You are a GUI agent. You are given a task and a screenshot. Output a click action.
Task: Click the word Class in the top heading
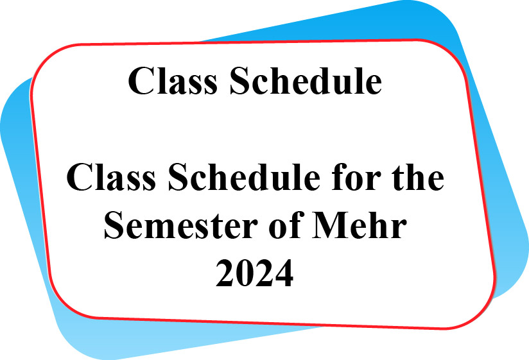tap(173, 81)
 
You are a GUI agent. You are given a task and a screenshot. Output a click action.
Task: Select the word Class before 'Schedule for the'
tap(111, 177)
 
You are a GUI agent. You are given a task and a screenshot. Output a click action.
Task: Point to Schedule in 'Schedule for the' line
tap(244, 176)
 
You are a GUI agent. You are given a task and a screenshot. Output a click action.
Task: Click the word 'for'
tap(356, 176)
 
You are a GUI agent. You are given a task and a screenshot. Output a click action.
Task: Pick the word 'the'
tap(418, 176)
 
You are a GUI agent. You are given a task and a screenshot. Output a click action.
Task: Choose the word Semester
tap(181, 225)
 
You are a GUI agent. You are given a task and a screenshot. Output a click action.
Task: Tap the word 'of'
tap(285, 224)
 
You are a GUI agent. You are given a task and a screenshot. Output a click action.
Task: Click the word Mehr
tap(360, 225)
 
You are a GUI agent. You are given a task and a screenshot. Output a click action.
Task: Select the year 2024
tap(254, 273)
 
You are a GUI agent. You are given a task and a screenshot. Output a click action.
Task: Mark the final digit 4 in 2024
tap(284, 273)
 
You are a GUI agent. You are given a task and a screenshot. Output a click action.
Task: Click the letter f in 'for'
tap(340, 176)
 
